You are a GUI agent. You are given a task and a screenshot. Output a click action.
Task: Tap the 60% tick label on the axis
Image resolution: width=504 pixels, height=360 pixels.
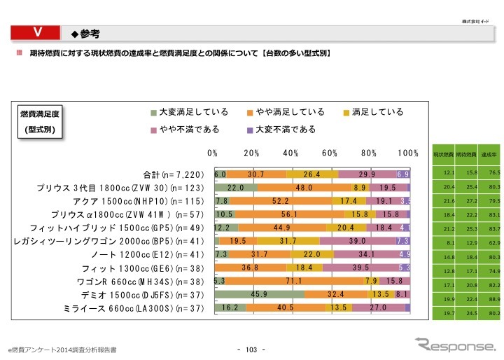330,153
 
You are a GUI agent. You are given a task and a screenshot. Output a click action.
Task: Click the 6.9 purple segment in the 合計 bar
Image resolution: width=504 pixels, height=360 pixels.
403,174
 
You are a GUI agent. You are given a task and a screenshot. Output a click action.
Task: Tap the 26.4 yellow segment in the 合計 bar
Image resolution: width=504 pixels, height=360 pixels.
312,174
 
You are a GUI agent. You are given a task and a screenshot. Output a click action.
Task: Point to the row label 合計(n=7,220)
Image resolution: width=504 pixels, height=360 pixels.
173,174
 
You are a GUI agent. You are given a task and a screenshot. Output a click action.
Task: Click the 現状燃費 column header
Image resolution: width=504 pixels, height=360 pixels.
444,153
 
